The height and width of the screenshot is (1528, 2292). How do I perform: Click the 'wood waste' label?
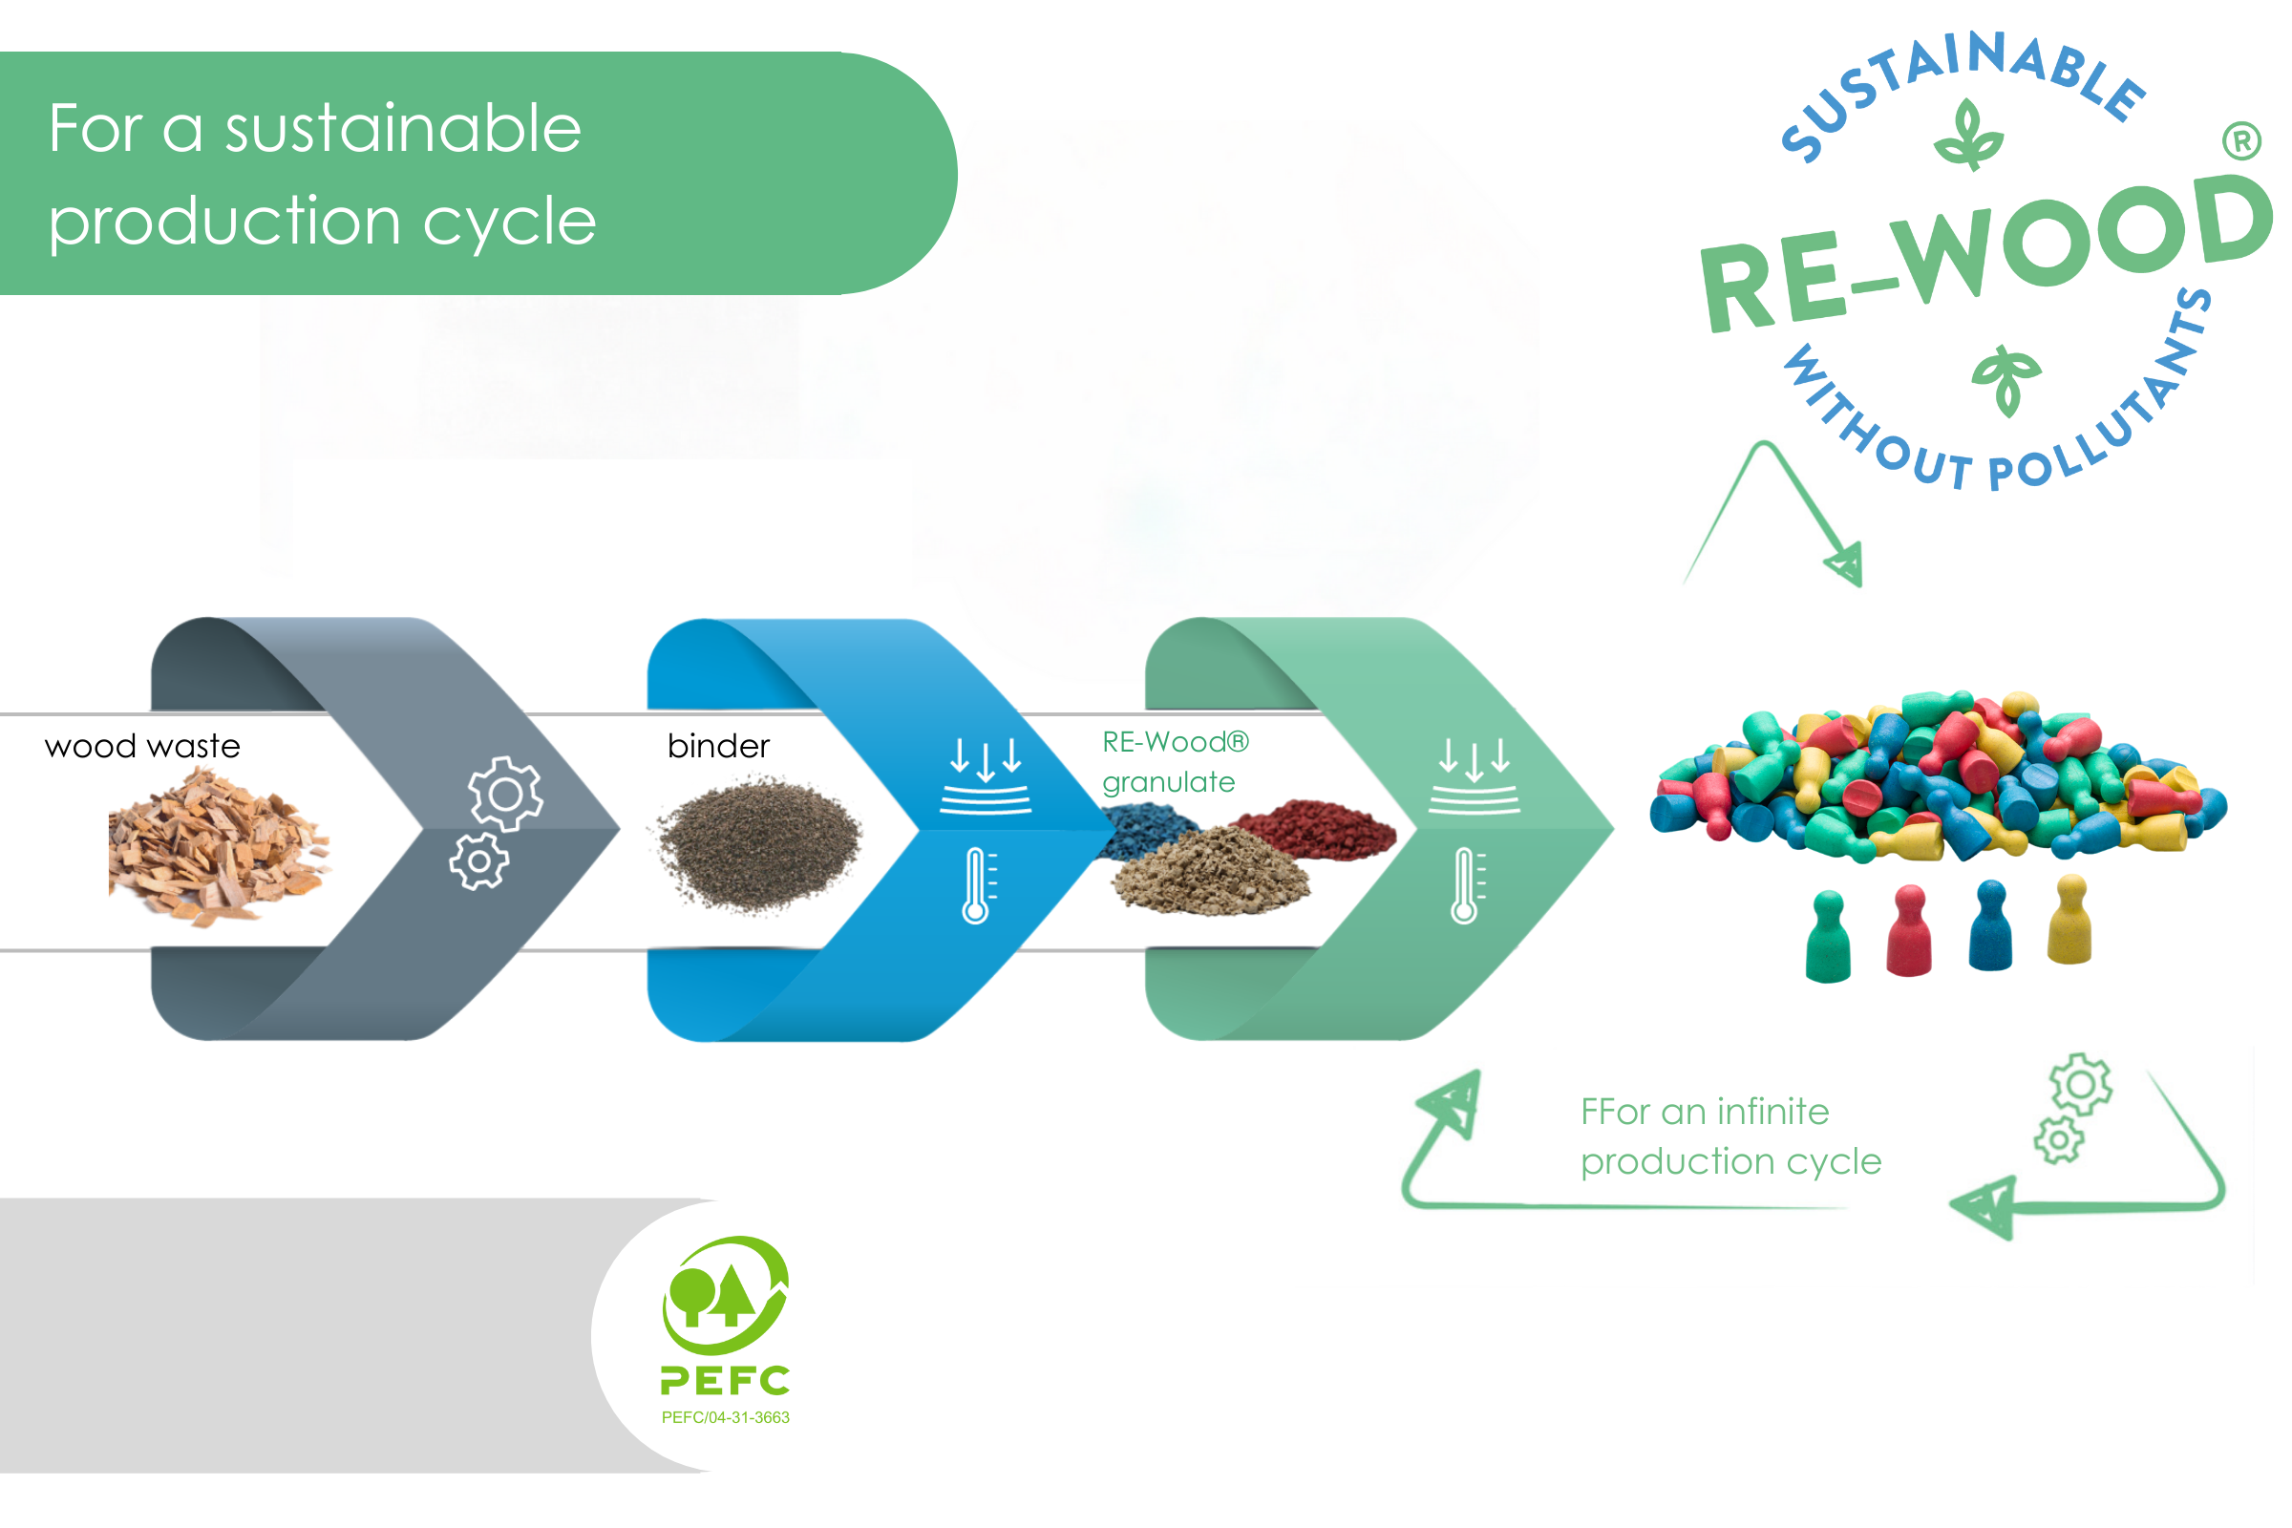click(142, 747)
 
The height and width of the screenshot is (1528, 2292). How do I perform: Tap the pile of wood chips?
click(220, 846)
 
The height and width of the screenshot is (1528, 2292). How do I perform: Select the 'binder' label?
click(718, 747)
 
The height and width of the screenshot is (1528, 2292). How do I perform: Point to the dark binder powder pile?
click(758, 844)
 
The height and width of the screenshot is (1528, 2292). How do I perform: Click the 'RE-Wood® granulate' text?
click(1175, 762)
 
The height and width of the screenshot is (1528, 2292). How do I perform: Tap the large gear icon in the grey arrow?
click(505, 795)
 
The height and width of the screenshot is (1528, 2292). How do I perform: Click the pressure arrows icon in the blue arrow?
click(986, 775)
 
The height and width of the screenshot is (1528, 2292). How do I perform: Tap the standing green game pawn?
click(1828, 938)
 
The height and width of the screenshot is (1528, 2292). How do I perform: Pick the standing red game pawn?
click(1909, 930)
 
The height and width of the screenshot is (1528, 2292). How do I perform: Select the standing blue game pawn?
click(1990, 925)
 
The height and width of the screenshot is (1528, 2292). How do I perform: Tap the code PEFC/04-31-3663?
click(725, 1417)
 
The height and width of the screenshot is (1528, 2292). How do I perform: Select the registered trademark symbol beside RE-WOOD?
click(2241, 141)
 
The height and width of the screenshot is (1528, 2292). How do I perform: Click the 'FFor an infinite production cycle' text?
click(1730, 1136)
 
